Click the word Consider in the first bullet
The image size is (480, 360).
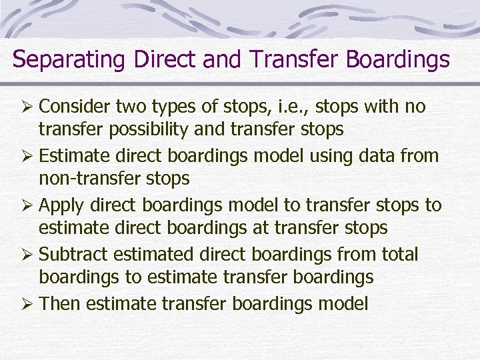(75, 107)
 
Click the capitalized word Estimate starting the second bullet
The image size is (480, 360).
(75, 156)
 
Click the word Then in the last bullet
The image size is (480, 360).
(59, 304)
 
